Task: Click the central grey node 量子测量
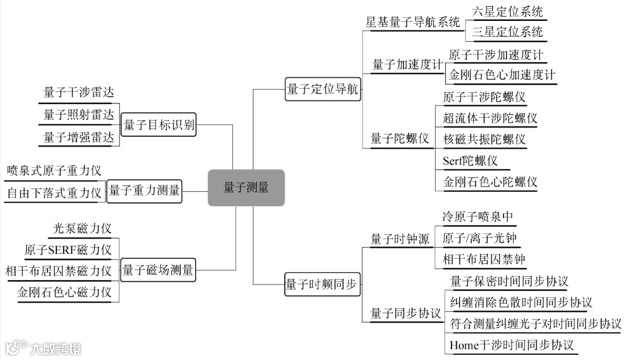[246, 187]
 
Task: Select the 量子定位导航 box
[323, 89]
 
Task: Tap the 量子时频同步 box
[322, 284]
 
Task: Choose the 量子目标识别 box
[159, 125]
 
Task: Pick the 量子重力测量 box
[144, 190]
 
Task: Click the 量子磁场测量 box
[158, 270]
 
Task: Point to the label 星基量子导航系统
[412, 23]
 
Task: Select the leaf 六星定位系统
[508, 12]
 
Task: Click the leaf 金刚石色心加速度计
[502, 75]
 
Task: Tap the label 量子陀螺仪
[400, 139]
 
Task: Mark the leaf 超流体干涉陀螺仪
[490, 118]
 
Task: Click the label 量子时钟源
[400, 238]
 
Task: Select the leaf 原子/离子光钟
[479, 238]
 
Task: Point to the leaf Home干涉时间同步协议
[512, 346]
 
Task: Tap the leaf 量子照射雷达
[78, 115]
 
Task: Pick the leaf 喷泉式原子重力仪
[54, 170]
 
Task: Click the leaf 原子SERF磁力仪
[68, 250]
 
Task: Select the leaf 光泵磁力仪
[82, 228]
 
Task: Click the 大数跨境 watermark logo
[43, 348]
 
